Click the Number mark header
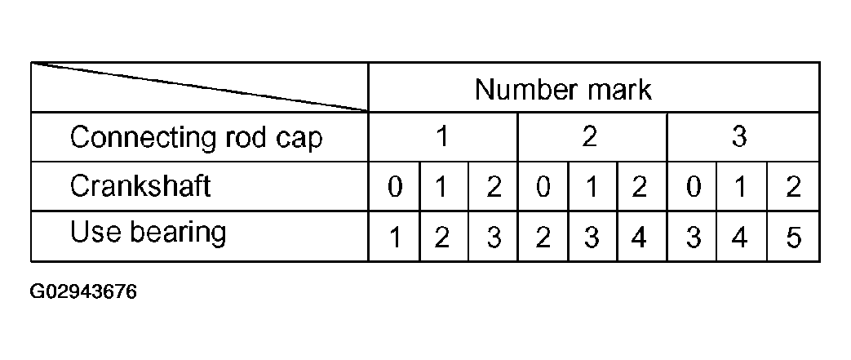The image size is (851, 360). click(x=563, y=89)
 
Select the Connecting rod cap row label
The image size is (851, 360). click(x=196, y=137)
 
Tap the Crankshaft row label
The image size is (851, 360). click(x=140, y=185)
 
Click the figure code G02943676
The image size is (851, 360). click(x=83, y=291)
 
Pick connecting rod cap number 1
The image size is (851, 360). click(x=442, y=137)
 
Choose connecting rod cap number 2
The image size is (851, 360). click(x=590, y=137)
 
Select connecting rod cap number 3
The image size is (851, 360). click(x=739, y=137)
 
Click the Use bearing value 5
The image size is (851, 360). click(x=793, y=238)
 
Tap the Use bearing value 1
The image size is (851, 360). click(x=396, y=238)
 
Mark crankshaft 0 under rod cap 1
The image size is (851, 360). click(x=395, y=187)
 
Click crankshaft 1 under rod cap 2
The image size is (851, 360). click(x=592, y=187)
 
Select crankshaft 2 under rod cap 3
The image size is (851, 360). click(x=793, y=187)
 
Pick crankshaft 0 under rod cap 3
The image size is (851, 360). click(x=693, y=187)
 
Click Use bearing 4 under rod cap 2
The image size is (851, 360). click(x=640, y=238)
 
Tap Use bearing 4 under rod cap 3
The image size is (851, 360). click(x=740, y=238)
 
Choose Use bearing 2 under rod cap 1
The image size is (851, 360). click(x=442, y=238)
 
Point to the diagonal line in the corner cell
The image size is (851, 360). click(x=200, y=87)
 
